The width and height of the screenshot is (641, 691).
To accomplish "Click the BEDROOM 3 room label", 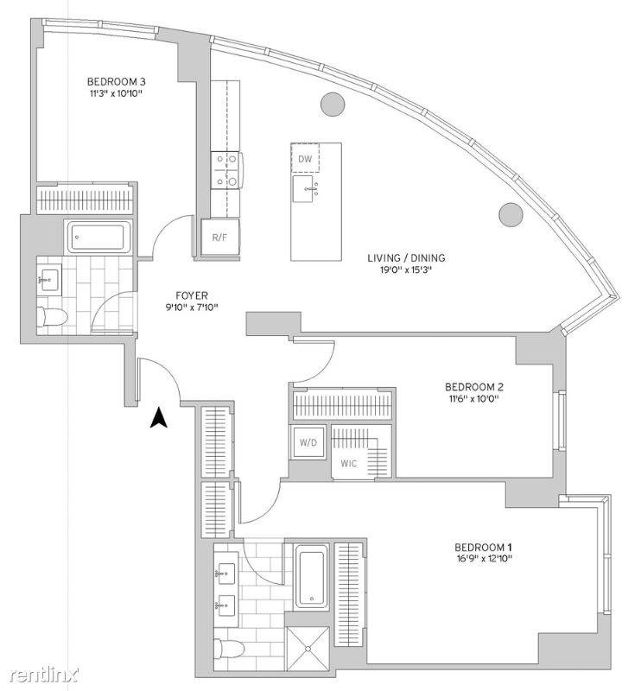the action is click(117, 81).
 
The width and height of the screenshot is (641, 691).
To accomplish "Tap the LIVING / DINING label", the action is click(406, 257).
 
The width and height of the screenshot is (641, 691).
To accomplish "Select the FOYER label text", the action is click(192, 295).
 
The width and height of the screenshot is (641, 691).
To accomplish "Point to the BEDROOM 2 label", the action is click(474, 387).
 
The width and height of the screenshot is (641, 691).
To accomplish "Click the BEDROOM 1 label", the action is click(483, 548).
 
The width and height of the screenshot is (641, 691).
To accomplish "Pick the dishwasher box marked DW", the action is click(305, 158).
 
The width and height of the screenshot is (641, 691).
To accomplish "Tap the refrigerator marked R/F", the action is click(220, 237).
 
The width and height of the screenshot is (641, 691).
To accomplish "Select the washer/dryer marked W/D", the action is click(308, 442).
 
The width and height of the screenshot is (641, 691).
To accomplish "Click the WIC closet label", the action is click(349, 464).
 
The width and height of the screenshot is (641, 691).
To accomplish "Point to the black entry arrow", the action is click(159, 418).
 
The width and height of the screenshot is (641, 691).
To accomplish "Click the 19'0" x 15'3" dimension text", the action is click(405, 269).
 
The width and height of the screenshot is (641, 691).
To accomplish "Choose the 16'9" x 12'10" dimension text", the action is click(483, 559).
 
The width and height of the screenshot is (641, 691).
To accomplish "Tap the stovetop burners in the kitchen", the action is click(225, 170).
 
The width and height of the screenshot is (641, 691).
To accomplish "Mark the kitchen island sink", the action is click(303, 188).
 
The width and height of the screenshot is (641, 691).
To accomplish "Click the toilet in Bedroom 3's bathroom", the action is click(52, 317).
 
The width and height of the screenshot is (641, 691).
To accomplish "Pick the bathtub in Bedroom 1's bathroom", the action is click(311, 577).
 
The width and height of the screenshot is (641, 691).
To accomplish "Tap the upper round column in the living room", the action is click(333, 105).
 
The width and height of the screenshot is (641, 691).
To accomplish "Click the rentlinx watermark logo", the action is click(44, 675).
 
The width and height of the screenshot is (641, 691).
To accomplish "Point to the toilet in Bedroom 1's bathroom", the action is click(229, 650).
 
